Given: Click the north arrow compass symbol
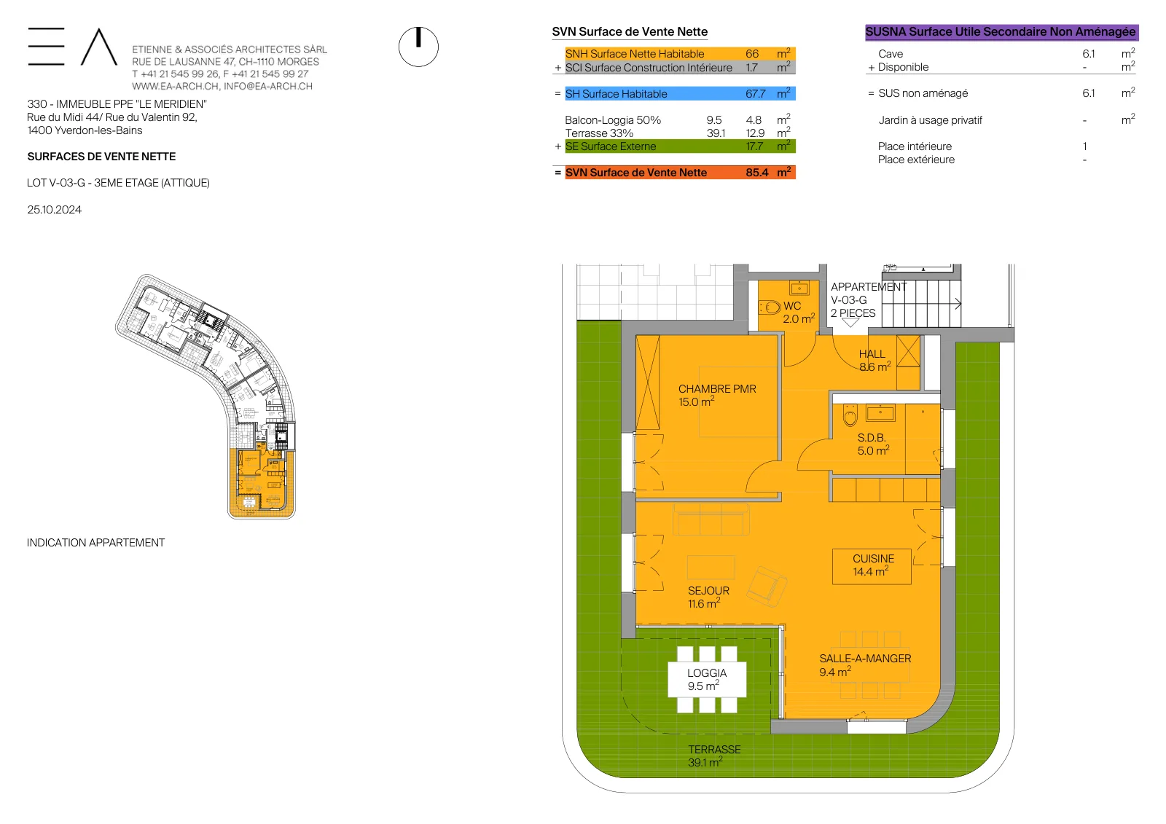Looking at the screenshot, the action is tap(418, 47).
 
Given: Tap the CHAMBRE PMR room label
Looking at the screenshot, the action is tap(717, 395).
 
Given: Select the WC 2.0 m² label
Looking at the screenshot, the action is tap(799, 313).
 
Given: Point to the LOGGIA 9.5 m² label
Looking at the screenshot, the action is tap(706, 679).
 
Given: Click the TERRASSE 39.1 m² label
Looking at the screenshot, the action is tap(713, 756).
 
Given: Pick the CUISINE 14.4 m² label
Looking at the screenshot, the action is tap(872, 565).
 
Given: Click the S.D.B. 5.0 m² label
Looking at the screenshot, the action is tap(873, 444).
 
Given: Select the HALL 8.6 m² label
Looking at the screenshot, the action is tap(874, 360).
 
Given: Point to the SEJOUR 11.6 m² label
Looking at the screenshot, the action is tap(708, 597).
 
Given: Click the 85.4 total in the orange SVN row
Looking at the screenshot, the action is tap(756, 173).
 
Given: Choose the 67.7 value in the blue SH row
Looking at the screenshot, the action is tap(755, 94).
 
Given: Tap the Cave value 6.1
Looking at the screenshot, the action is tap(1089, 54).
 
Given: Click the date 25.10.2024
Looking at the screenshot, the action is tap(54, 210).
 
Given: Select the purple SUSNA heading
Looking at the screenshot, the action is tap(1001, 32).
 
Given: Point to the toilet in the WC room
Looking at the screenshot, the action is tap(770, 307).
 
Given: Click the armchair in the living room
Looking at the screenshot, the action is tap(766, 586).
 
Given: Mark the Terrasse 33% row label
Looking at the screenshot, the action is tap(599, 133).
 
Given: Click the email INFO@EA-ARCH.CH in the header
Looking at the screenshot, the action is tap(268, 87).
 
